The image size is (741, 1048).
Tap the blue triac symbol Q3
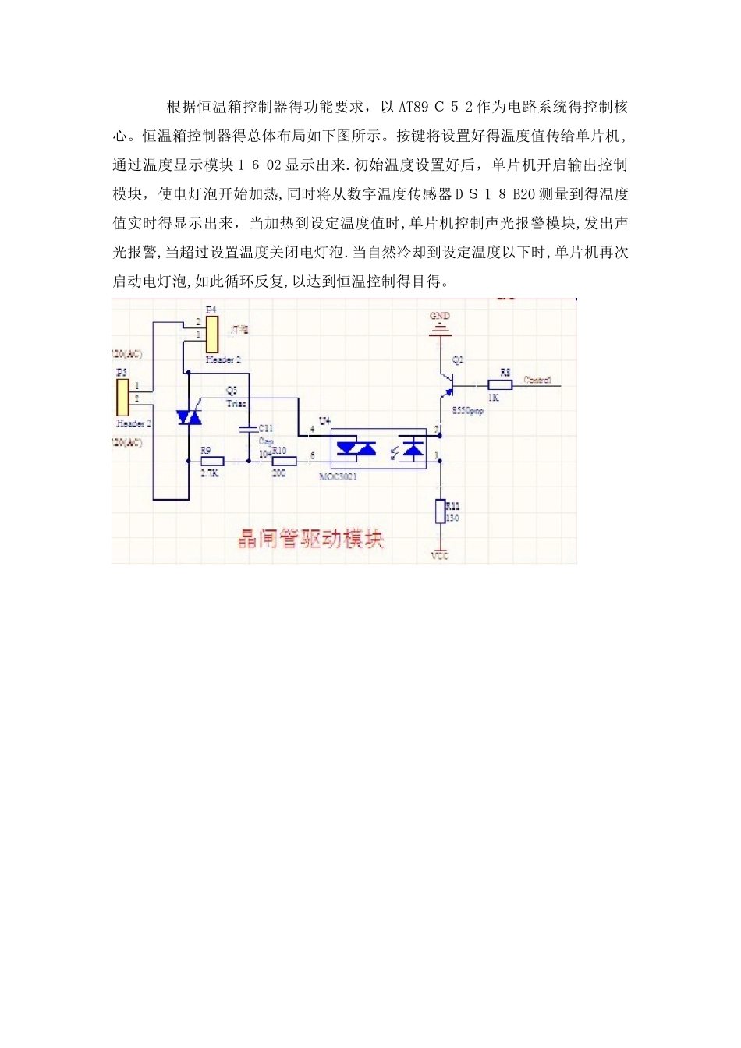coord(189,417)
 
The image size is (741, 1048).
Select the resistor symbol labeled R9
coord(211,461)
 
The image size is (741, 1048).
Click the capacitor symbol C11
coord(248,429)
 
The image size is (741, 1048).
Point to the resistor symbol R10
coord(283,461)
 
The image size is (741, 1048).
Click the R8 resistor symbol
coord(500,384)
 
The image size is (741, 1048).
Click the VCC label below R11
coord(440,556)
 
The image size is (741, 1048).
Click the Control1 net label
coord(537,380)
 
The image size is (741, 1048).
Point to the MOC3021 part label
coord(339,476)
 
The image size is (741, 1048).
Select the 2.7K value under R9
coord(210,473)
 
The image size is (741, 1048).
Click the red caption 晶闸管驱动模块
coord(310,538)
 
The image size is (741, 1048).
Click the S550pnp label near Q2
coord(467,411)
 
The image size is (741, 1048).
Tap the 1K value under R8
coord(494,398)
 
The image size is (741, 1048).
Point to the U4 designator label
coord(324,421)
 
